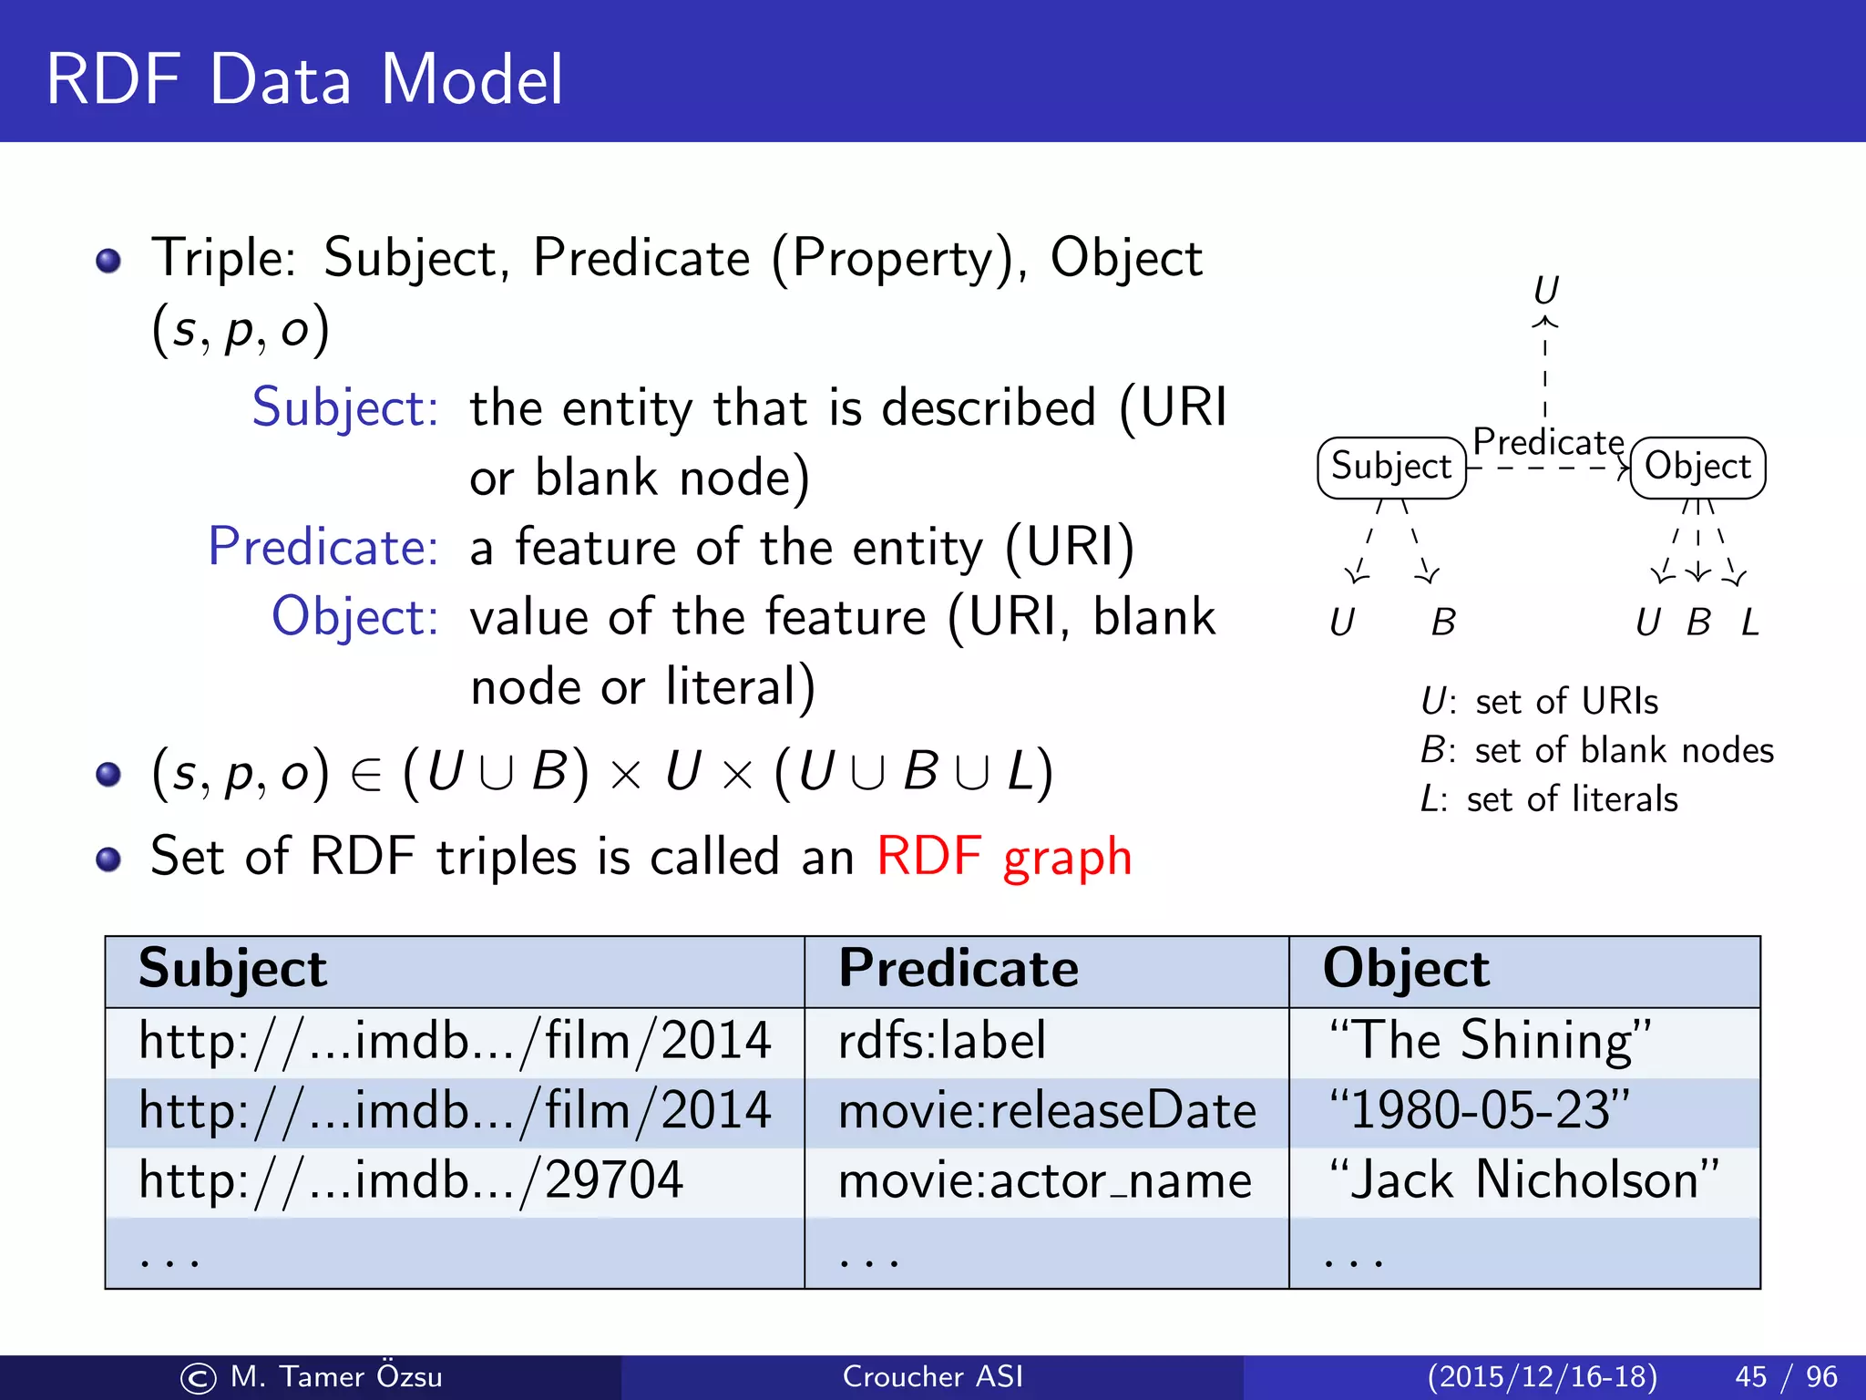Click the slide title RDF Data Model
(x=304, y=79)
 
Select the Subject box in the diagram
(x=1390, y=467)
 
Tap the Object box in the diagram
(x=1697, y=467)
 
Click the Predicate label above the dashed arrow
(x=1548, y=442)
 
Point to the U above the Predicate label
(x=1546, y=291)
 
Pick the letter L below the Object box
(x=1750, y=623)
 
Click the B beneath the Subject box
(x=1443, y=623)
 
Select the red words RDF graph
(x=1004, y=857)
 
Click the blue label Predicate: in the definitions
(x=323, y=547)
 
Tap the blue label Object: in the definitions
(x=355, y=617)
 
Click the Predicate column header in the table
(x=958, y=968)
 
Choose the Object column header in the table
(x=1406, y=968)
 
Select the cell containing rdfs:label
(x=941, y=1041)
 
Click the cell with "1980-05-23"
(x=1479, y=1110)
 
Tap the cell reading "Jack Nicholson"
(x=1523, y=1179)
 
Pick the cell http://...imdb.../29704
(x=411, y=1180)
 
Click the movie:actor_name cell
(x=1044, y=1181)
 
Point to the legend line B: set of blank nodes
(x=1596, y=750)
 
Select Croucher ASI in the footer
(x=932, y=1376)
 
